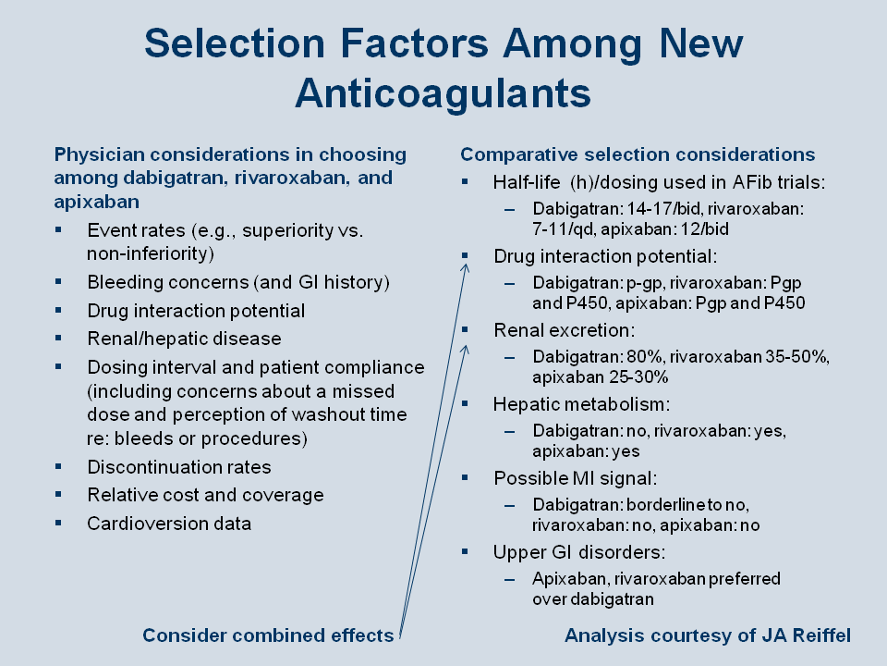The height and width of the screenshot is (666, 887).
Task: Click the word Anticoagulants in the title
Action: coord(443,92)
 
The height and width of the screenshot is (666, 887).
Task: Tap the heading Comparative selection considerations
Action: coord(638,154)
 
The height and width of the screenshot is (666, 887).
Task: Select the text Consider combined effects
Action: coord(268,635)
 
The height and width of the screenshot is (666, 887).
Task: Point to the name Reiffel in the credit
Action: coord(821,635)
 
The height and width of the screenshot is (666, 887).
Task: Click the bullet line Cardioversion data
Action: coord(169,524)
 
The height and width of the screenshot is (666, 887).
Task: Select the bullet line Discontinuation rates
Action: coord(178,467)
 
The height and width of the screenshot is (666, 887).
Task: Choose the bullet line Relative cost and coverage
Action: coord(205,495)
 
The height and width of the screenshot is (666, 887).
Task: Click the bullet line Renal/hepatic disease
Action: coord(184,339)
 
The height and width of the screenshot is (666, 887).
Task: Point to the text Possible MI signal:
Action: coord(576,478)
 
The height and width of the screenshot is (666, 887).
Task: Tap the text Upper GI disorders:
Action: coord(579,552)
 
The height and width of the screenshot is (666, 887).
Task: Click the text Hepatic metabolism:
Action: coord(581,404)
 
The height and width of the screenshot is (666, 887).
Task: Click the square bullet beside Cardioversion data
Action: coord(58,523)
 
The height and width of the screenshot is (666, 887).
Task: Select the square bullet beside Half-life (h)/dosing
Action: coord(465,182)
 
